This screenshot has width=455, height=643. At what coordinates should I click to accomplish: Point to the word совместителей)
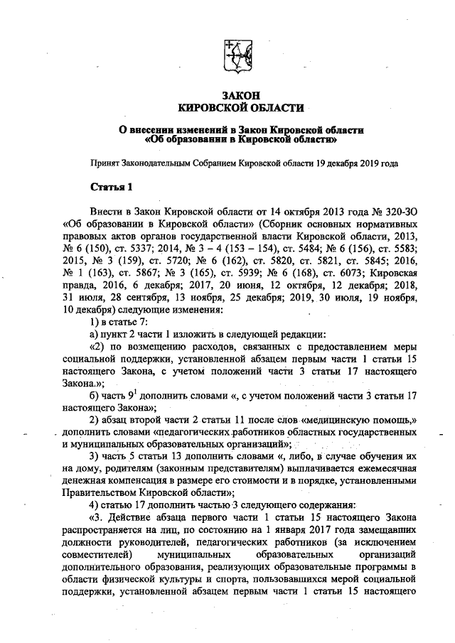pos(99,552)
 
